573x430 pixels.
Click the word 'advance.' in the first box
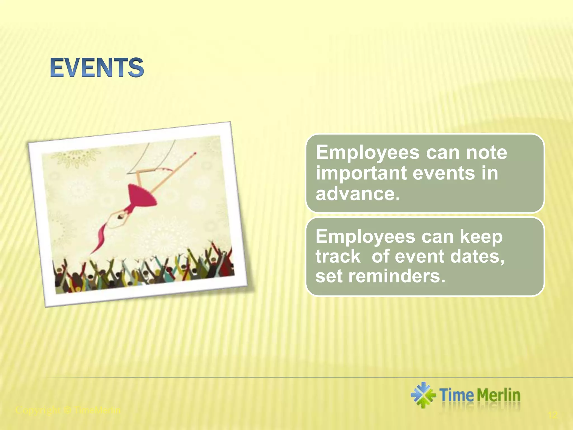point(358,194)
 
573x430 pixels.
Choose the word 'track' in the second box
point(338,256)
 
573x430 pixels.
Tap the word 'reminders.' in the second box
point(396,276)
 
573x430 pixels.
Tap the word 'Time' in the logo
point(457,395)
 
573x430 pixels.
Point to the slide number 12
point(553,415)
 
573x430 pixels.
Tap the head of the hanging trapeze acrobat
point(121,216)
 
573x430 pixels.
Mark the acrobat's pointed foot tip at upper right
point(195,153)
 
